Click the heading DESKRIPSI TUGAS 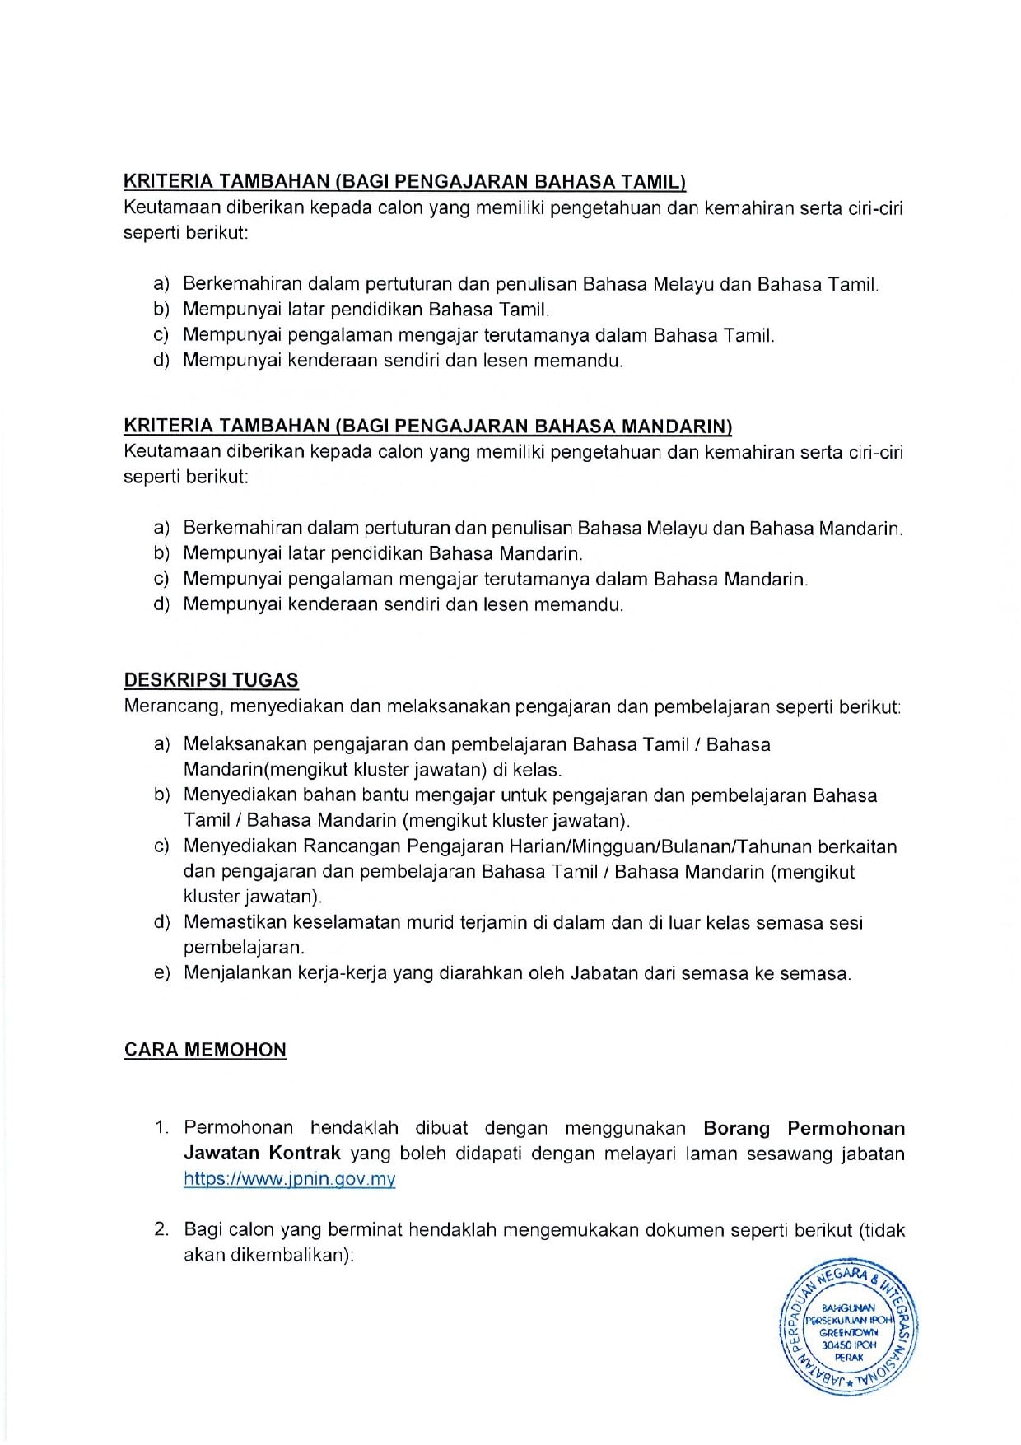pyautogui.click(x=211, y=681)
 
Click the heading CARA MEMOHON pyautogui.click(x=205, y=1050)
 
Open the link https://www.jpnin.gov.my pyautogui.click(x=289, y=1179)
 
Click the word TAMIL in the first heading pyautogui.click(x=655, y=182)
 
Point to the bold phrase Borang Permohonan pyautogui.click(x=804, y=1128)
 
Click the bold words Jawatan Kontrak pyautogui.click(x=262, y=1154)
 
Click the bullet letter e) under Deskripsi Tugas pyautogui.click(x=161, y=973)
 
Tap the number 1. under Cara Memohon pyautogui.click(x=161, y=1128)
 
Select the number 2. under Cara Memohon pyautogui.click(x=161, y=1230)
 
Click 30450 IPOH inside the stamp pyautogui.click(x=849, y=1345)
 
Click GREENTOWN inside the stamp pyautogui.click(x=849, y=1332)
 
